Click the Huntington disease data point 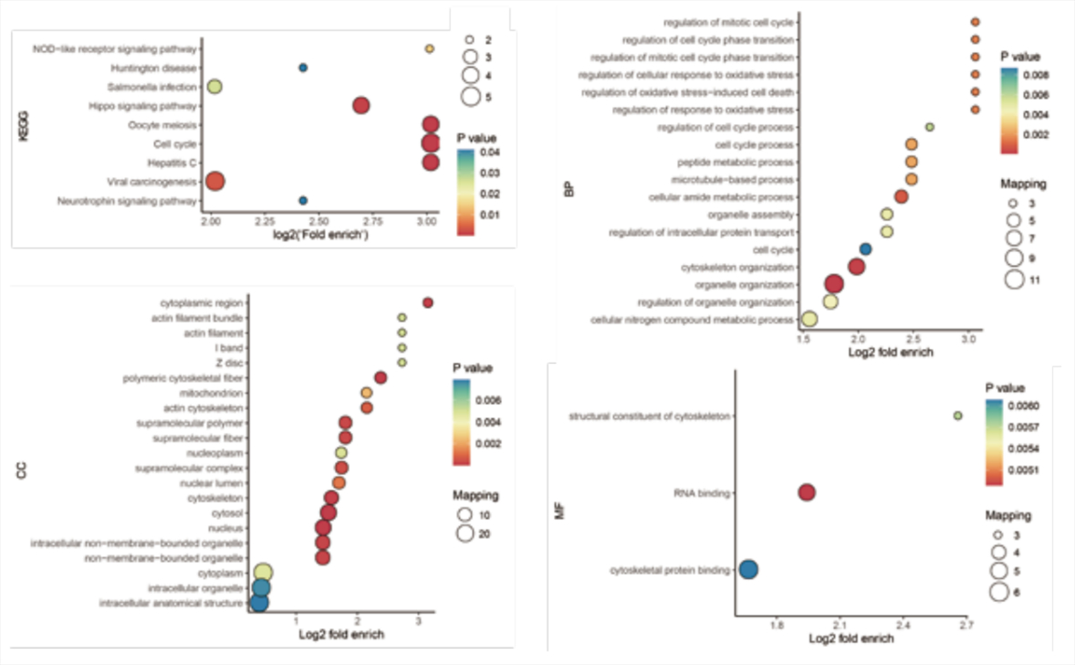(x=303, y=68)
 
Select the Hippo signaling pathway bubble (x=360, y=106)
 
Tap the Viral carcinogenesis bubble (x=214, y=181)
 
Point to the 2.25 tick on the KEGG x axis (x=265, y=220)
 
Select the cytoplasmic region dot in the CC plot (x=427, y=302)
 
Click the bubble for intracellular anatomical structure (x=259, y=603)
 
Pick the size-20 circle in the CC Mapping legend (x=465, y=533)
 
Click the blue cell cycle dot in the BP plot (x=865, y=248)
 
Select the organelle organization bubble (x=833, y=284)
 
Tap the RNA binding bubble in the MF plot (x=806, y=492)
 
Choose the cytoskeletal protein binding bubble (x=748, y=570)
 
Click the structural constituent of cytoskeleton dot (x=957, y=416)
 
